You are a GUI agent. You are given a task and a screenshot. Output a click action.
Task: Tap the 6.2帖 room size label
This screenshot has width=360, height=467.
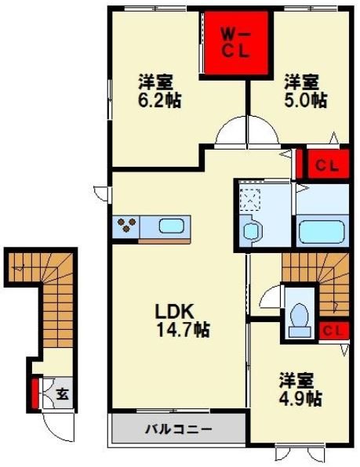[156, 100]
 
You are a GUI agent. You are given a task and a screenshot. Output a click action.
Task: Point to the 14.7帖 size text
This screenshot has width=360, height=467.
[180, 330]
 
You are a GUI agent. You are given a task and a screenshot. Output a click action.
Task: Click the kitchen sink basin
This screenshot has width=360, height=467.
[173, 227]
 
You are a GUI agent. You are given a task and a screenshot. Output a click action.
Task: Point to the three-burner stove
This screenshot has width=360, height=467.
[127, 228]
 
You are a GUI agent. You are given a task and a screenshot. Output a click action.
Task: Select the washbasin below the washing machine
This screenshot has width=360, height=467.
[252, 231]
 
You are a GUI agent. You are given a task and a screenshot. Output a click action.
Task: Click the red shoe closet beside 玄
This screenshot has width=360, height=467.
[35, 394]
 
